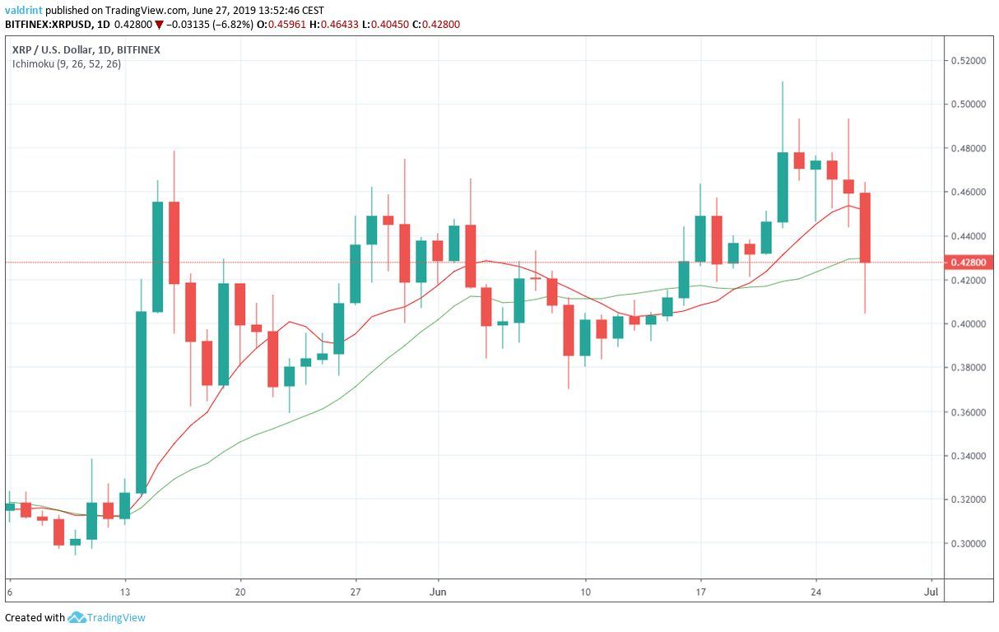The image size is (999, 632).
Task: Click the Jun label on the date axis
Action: click(x=438, y=591)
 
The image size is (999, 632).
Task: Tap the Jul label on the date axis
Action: click(x=931, y=591)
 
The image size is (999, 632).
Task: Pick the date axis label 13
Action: click(x=125, y=591)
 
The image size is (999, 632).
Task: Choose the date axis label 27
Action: click(x=355, y=591)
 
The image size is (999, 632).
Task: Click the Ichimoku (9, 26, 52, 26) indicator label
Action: click(x=66, y=64)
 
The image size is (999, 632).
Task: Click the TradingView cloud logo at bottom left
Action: click(x=77, y=617)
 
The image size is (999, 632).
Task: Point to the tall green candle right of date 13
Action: click(x=141, y=402)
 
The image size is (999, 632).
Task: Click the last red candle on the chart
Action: click(x=865, y=227)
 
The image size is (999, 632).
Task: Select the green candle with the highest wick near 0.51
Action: click(x=783, y=187)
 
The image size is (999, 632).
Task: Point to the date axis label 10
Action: click(x=585, y=591)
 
